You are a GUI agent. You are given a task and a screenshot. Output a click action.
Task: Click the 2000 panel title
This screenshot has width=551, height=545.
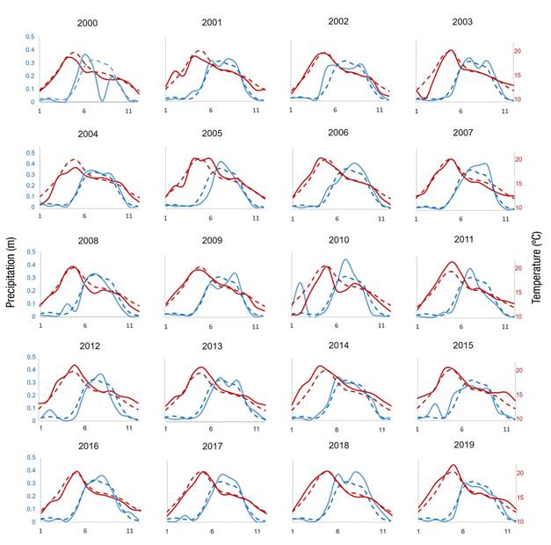coord(88,24)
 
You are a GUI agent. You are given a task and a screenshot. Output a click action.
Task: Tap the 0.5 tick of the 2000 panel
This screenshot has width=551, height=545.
coord(31,38)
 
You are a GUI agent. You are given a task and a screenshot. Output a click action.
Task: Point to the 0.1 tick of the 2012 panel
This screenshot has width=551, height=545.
coord(31,408)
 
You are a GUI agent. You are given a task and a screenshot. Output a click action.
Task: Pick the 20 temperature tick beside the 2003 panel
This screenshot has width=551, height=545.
coord(517,51)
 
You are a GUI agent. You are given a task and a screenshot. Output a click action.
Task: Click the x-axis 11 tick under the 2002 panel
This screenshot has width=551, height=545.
coord(380,110)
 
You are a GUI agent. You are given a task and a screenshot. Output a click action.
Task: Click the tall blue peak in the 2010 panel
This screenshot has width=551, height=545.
coord(345,260)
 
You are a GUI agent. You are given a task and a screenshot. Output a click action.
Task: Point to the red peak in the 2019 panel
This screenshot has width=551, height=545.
coord(453,466)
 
